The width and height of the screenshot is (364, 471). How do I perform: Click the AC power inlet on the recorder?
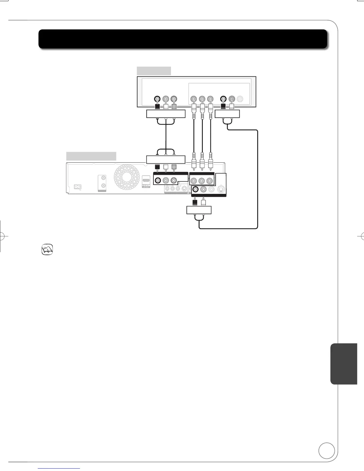point(78,187)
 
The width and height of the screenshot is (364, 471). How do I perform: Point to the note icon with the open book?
point(47,249)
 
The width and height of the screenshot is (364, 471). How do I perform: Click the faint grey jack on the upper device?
point(240,99)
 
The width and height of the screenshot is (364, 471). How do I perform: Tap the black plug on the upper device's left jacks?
point(158,106)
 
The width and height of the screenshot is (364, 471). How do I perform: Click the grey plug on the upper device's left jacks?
point(174,106)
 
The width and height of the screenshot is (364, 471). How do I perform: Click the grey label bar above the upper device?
point(154,71)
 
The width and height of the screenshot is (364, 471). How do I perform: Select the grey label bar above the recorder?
point(91,156)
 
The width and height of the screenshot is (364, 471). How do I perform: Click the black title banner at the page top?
point(183,39)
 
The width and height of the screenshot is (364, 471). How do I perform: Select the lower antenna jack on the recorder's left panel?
point(103,186)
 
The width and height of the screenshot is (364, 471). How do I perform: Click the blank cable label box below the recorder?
point(199,210)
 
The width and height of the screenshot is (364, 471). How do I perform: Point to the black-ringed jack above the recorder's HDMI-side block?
point(158,180)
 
